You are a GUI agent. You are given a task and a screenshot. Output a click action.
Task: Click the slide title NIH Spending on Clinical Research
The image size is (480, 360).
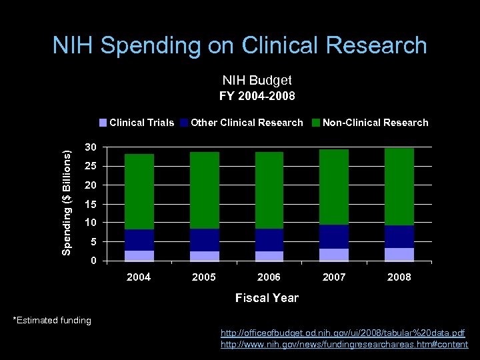[x=240, y=45]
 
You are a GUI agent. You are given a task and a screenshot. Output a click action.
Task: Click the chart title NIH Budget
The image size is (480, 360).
[x=257, y=80]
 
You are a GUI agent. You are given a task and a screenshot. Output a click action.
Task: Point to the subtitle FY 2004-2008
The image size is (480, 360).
[x=257, y=95]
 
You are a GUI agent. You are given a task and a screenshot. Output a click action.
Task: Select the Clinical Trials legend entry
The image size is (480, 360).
[x=137, y=123]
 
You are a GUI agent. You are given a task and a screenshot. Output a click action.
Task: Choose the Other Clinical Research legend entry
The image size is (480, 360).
[x=242, y=123]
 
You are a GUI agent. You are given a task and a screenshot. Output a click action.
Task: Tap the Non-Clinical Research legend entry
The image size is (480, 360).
[x=371, y=123]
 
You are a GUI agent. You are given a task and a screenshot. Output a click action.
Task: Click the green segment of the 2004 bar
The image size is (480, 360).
[x=139, y=192]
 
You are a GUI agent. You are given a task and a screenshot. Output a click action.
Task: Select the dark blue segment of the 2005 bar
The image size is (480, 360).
[x=204, y=240]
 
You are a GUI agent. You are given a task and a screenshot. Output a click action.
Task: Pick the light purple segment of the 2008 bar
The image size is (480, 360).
[x=399, y=254]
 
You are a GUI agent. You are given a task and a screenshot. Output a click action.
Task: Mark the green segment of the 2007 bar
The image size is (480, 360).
[x=334, y=187]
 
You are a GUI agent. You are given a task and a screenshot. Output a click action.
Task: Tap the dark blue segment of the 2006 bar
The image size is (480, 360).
[x=269, y=240]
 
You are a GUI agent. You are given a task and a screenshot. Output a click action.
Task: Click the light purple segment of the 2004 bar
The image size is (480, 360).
[x=139, y=255]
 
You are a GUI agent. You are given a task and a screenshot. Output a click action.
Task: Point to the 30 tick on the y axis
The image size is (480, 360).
[x=89, y=147]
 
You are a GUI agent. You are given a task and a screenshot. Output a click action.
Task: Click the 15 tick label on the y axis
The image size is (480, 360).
[x=89, y=203]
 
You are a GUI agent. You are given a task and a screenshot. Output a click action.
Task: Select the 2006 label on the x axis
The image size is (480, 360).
[x=269, y=277]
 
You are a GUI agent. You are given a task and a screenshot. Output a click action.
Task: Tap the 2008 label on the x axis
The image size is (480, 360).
[x=399, y=277]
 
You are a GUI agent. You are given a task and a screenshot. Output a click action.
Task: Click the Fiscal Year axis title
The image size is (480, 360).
[x=267, y=298]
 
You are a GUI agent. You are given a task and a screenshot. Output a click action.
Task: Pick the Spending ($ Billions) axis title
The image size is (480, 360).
[x=67, y=201]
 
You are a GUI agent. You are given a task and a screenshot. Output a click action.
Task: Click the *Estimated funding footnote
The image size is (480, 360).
[x=52, y=321]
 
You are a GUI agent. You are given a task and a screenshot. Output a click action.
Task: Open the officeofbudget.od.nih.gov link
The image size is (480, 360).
[x=343, y=332]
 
